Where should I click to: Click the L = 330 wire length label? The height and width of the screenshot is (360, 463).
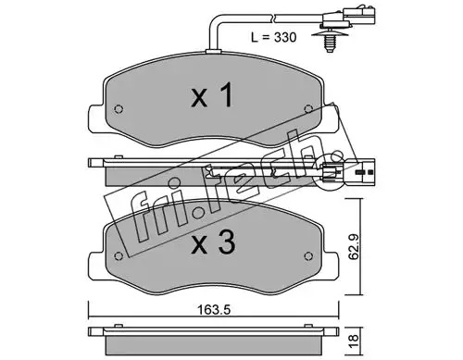click(273, 37)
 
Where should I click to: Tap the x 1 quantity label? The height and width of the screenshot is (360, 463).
click(212, 95)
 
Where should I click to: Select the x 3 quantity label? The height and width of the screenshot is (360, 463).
click(213, 242)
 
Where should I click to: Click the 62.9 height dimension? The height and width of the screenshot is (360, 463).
click(354, 247)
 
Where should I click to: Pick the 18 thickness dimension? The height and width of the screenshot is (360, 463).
click(355, 341)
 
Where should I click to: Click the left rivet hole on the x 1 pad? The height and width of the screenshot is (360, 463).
click(119, 109)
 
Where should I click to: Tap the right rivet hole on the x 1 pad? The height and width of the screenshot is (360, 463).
click(308, 109)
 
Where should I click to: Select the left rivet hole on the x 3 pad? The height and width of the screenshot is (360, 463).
click(119, 256)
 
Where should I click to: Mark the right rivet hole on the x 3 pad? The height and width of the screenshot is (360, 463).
click(308, 256)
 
